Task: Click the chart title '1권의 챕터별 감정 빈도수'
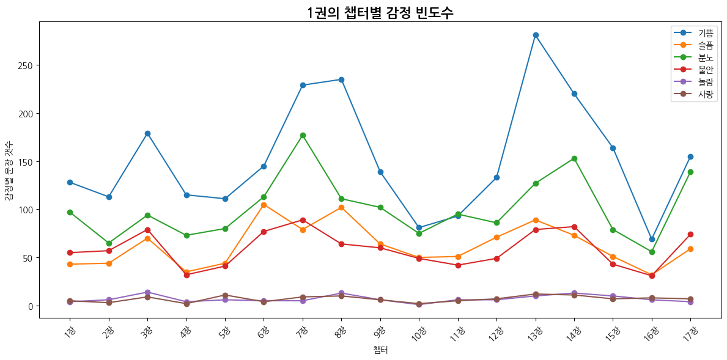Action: [380, 12]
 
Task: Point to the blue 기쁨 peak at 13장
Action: [536, 35]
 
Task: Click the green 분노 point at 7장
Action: [303, 135]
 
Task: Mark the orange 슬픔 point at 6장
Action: [264, 205]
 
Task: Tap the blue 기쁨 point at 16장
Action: [652, 239]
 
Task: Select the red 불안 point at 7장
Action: [303, 220]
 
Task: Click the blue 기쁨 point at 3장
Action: [147, 133]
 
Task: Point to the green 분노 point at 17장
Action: [690, 172]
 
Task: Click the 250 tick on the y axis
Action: [27, 65]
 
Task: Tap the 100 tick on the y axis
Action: [27, 210]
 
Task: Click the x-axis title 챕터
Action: [380, 350]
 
